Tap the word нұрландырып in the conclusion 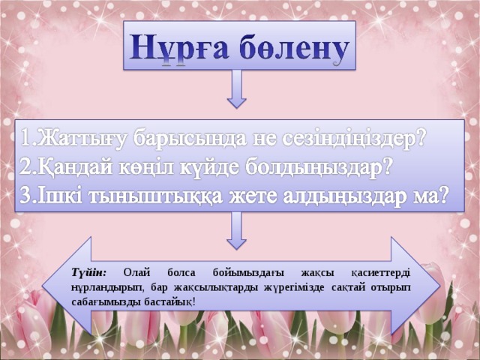click(106, 286)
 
